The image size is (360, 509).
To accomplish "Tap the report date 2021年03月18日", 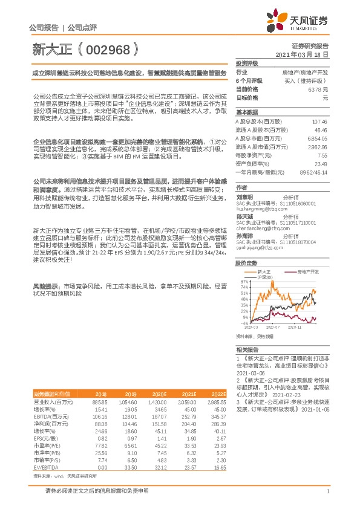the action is point(301,54).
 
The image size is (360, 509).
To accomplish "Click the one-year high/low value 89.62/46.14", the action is point(313,172).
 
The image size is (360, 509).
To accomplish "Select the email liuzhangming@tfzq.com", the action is point(258,207).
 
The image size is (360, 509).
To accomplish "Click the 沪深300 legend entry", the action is point(264,277).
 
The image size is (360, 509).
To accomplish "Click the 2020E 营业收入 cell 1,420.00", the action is point(158,402).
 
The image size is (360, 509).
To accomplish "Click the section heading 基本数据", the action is point(246,112).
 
